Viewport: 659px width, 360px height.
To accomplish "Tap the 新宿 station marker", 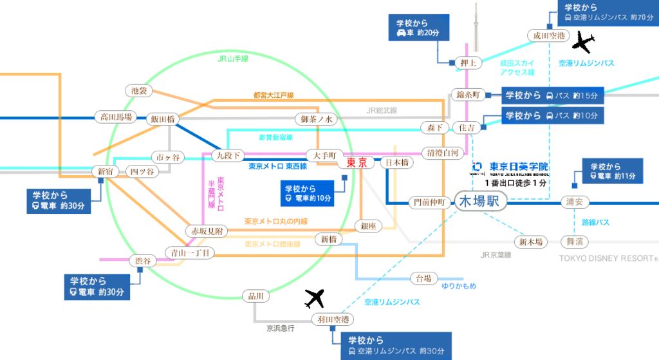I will [x=106, y=171].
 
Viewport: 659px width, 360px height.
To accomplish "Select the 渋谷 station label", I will [x=143, y=261].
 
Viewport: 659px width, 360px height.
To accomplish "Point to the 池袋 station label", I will [x=138, y=91].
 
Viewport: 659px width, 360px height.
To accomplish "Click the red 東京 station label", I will [x=357, y=163].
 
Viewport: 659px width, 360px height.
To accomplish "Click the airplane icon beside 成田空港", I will [x=584, y=42].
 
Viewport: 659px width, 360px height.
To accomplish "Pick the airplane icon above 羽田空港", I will [x=315, y=299].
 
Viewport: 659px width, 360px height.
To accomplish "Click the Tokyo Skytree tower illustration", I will [x=476, y=29].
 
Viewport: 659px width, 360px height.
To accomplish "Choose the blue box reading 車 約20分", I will [x=418, y=28].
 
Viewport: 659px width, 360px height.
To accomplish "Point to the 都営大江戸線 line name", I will [x=274, y=95].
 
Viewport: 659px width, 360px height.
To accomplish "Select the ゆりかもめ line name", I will [x=458, y=285].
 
